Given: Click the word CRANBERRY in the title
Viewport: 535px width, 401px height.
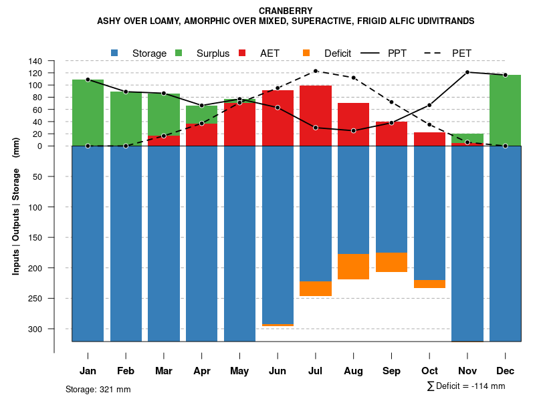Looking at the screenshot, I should coord(286,11).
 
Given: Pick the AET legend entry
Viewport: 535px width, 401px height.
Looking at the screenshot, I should coord(270,53).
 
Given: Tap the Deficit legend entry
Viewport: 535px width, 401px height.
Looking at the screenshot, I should coord(337,53).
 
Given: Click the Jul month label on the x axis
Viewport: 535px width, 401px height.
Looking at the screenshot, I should coord(316,371).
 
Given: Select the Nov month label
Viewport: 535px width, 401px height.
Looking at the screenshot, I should coord(467,371).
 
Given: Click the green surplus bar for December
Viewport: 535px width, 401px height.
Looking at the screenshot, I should coord(505,110).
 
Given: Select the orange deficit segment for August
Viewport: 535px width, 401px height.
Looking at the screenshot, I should coord(353,267).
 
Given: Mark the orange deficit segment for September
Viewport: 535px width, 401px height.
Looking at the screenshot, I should coord(391,262).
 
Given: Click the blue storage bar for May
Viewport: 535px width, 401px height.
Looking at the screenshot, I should coord(239,244).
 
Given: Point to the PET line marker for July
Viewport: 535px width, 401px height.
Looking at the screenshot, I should coord(316,72).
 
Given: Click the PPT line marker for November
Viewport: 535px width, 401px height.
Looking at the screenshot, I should coord(467,72).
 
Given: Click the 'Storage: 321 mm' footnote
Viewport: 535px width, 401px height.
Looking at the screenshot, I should coord(98,389).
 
